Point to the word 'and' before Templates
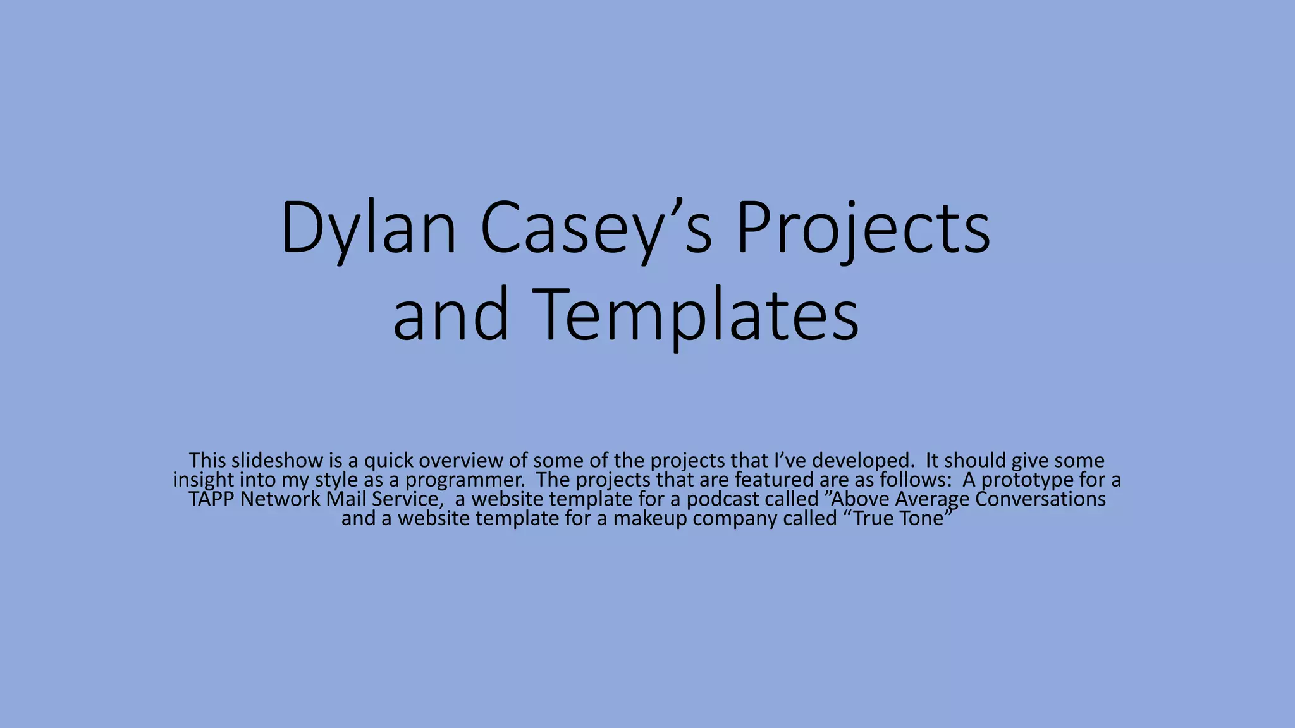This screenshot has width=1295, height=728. coord(450,315)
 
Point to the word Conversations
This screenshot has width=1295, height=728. coord(1040,499)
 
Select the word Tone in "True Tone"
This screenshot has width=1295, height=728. coord(923,519)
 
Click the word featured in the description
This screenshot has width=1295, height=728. coord(773,480)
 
